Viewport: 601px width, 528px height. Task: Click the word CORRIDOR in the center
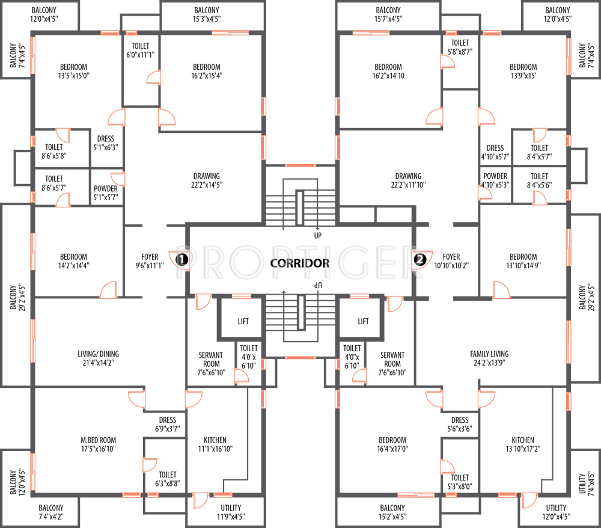point(299,263)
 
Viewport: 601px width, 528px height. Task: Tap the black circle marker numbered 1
point(182,260)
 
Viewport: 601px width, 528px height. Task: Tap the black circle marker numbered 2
point(420,260)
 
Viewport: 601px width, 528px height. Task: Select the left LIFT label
point(243,321)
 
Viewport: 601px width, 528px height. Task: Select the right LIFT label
point(363,321)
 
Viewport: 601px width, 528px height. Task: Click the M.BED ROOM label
point(98,444)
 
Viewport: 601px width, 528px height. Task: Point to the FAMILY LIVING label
point(489,358)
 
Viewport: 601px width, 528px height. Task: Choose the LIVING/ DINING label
point(98,358)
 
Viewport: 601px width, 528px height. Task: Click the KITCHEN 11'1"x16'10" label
point(215,444)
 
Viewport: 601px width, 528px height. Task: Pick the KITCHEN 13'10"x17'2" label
point(523,444)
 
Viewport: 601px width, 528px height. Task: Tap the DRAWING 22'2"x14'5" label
point(207,180)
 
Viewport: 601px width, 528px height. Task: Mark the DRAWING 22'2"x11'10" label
point(408,180)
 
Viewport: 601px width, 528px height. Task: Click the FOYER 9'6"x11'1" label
point(150,261)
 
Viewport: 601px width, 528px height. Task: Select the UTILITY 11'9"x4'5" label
point(231,512)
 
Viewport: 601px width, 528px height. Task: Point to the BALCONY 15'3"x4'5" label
point(207,14)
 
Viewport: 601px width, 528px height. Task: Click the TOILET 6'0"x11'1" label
point(140,51)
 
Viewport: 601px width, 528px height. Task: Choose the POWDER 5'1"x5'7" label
point(106,193)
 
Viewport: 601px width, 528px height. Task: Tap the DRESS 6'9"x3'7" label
point(168,425)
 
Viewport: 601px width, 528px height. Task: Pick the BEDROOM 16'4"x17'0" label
point(392,444)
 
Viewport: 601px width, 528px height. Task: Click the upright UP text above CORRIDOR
point(318,235)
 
